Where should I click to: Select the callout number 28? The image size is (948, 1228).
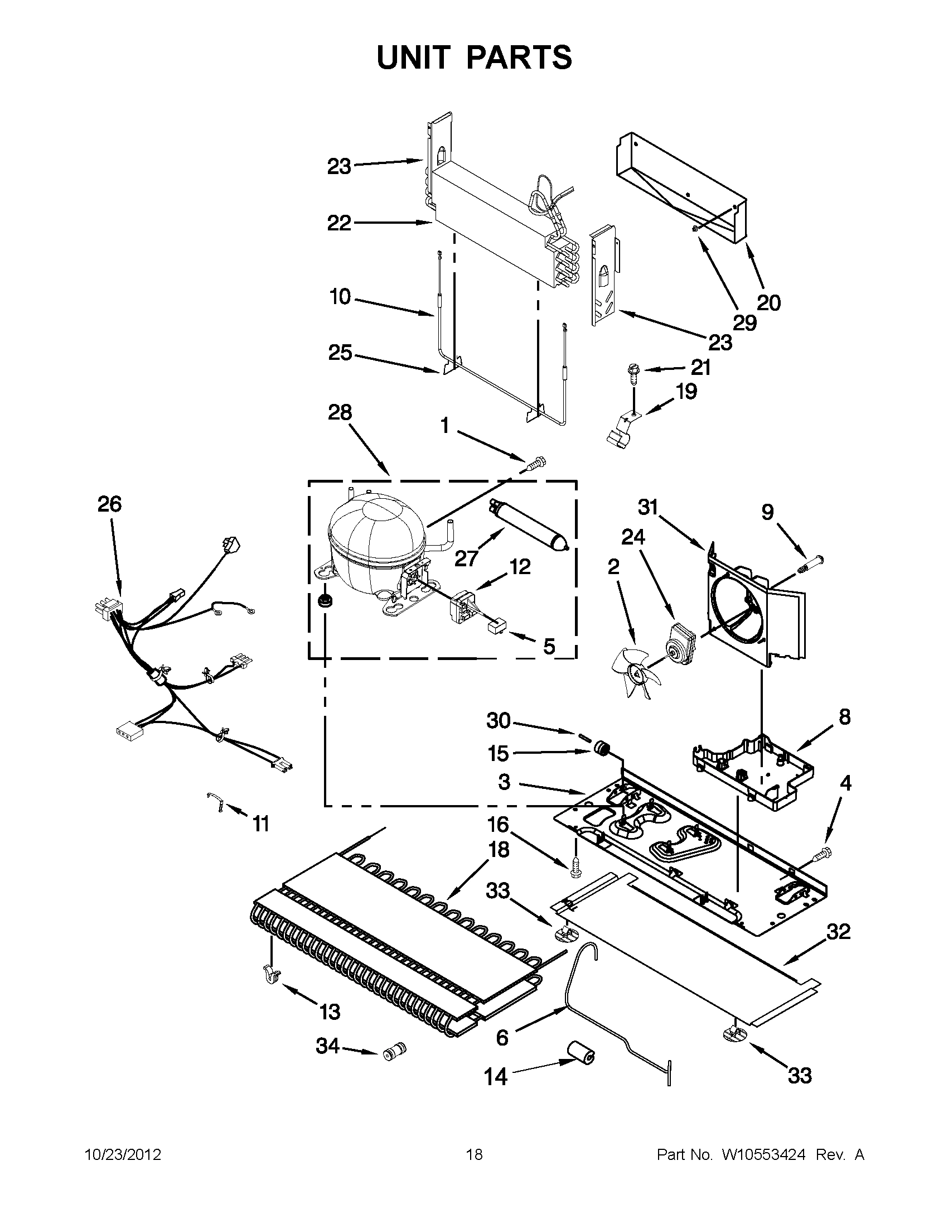pyautogui.click(x=340, y=413)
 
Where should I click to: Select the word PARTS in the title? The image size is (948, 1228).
pyautogui.click(x=519, y=57)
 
